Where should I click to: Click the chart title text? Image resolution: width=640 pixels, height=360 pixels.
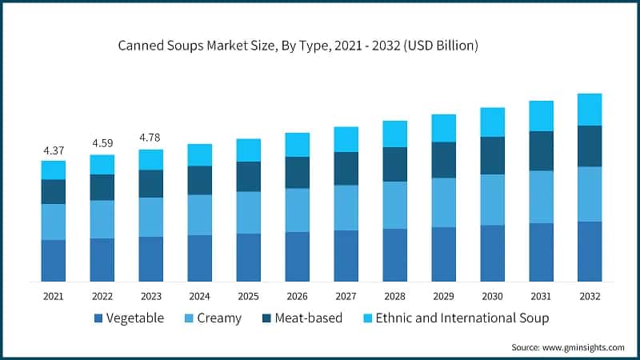point(298,46)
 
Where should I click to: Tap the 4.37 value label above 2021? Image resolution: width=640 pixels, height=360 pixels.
point(54,150)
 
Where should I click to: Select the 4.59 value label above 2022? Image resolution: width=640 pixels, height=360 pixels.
point(102,144)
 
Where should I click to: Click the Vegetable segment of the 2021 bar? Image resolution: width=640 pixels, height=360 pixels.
point(54,260)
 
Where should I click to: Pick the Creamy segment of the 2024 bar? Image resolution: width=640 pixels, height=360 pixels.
point(200,214)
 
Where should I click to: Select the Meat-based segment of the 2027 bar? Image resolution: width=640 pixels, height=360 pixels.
point(346,168)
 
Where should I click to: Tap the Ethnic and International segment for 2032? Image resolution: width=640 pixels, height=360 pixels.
point(590,109)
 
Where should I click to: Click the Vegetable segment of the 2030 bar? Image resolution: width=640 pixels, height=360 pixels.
point(492,253)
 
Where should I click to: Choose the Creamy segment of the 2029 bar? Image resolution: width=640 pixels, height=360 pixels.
point(443,202)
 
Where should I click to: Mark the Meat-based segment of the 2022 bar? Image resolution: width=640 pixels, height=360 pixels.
point(102,187)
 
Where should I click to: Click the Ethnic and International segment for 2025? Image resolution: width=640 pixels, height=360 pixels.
point(249,150)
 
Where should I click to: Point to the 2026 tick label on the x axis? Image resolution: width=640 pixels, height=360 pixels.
point(298,296)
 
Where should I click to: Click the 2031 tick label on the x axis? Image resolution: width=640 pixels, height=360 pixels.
point(541,296)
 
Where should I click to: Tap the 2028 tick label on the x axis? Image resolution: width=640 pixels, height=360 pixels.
point(395,296)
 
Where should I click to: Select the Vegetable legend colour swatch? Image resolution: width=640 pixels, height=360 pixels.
point(98,318)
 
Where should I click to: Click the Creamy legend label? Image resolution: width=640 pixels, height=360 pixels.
point(218,318)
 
